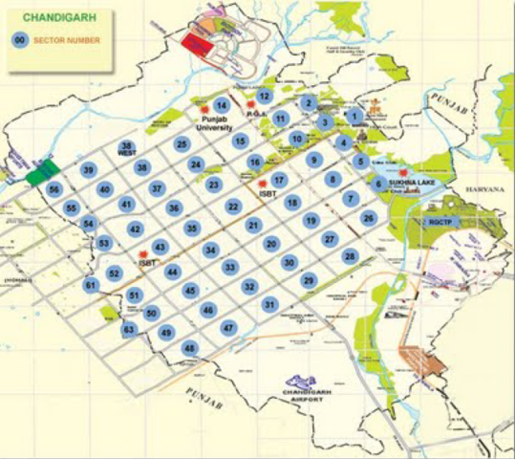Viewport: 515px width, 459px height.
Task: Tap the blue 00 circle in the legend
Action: [x=19, y=39]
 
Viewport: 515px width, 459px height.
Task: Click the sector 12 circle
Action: [x=265, y=96]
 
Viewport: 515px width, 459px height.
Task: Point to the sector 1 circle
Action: [x=354, y=116]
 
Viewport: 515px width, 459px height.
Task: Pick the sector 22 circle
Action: [x=232, y=206]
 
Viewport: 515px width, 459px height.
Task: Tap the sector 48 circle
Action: [x=190, y=347]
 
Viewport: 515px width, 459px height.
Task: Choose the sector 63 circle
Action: [x=129, y=329]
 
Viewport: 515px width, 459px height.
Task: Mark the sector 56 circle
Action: [x=54, y=189]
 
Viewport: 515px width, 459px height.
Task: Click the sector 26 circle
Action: [x=369, y=218]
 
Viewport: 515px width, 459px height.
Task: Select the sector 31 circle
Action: [x=270, y=304]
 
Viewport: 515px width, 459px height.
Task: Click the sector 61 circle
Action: [x=91, y=285]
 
